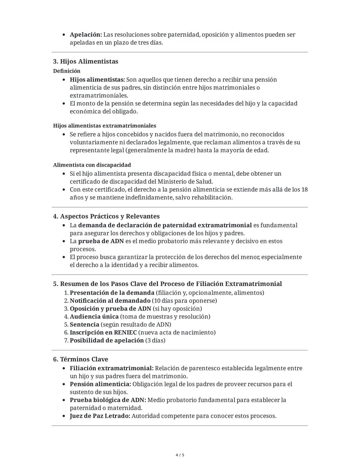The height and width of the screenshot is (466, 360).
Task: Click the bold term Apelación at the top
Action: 86,35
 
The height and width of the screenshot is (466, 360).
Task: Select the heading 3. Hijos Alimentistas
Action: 86,61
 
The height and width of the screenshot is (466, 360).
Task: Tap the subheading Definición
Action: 67,71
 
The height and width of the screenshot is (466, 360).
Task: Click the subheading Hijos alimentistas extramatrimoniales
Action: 105,126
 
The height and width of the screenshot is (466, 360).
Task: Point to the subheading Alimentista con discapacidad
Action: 92,165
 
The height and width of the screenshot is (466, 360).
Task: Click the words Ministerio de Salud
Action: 185,182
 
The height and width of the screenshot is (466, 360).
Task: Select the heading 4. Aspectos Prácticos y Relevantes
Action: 106,216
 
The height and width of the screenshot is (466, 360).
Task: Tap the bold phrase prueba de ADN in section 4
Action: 101,241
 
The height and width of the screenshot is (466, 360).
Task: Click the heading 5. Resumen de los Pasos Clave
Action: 167,284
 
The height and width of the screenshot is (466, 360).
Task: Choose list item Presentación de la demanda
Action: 112,293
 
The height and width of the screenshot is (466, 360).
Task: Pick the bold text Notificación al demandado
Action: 110,301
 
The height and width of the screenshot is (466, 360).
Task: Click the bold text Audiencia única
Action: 94,317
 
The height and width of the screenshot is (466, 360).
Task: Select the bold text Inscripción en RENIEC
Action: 103,333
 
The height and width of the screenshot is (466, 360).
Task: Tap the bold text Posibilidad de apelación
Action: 107,341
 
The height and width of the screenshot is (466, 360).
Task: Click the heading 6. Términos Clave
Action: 81,359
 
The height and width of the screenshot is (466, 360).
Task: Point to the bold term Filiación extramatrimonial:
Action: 112,368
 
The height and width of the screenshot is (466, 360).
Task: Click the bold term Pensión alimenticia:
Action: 100,384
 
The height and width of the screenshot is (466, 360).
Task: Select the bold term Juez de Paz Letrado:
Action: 100,416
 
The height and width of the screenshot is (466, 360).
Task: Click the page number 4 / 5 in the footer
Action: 180,455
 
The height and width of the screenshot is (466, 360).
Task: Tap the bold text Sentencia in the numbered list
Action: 84,325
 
